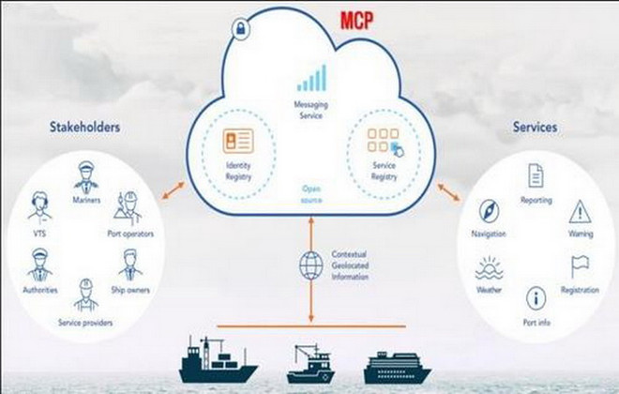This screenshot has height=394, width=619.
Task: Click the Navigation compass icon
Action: pos(492,210)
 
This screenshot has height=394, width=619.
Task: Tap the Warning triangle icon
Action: pos(579,209)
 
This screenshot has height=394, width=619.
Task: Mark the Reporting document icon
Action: pos(536,174)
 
